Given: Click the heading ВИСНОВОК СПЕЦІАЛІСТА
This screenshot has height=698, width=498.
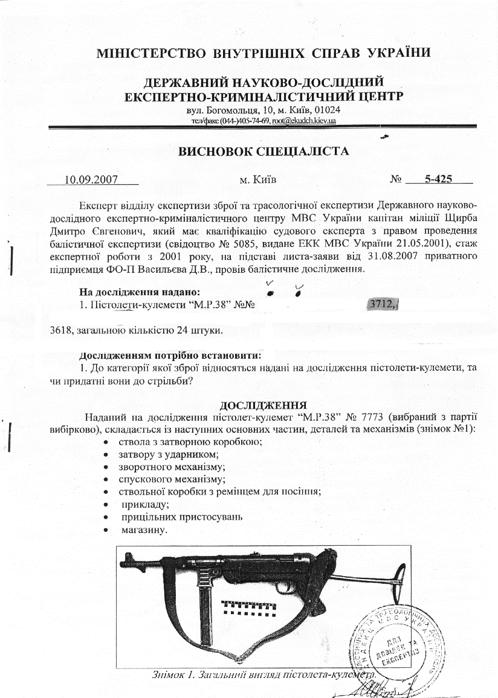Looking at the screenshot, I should tap(263, 152).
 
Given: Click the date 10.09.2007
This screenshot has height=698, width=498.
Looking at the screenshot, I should tap(91, 179).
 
